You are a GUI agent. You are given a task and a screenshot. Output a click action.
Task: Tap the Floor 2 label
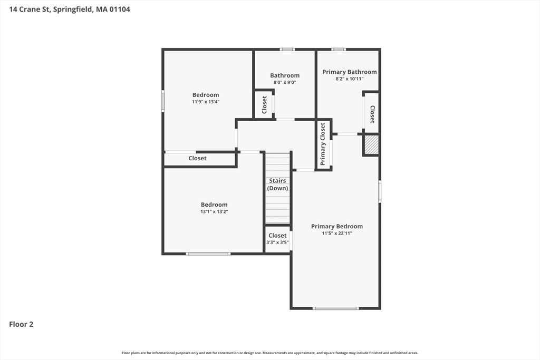[x=21, y=324]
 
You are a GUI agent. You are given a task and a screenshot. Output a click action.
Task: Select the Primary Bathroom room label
[x=349, y=72]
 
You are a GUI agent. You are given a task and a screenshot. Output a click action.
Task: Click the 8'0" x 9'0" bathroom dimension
[x=285, y=82]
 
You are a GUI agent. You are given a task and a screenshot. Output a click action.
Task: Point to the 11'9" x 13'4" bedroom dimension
[x=206, y=102]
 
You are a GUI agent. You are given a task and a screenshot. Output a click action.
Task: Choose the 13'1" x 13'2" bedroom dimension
[x=214, y=211]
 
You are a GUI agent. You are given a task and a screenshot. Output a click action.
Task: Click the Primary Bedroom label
[x=336, y=226]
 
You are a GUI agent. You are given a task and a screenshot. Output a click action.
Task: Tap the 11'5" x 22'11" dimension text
[x=336, y=233]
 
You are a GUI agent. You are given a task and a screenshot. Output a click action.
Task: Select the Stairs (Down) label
[x=277, y=184]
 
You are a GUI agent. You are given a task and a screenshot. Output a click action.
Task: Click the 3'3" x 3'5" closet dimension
[x=277, y=242]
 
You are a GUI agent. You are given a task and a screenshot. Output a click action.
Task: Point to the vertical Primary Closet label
[x=323, y=144]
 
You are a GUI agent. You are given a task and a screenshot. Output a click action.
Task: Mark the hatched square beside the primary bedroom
[x=371, y=145]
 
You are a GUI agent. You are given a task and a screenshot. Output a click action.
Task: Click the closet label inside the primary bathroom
[x=372, y=114]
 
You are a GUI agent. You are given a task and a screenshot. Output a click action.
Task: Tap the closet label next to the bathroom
[x=264, y=105]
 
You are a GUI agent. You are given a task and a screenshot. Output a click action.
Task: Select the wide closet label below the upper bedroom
[x=198, y=158]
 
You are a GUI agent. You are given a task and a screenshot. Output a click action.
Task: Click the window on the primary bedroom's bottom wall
[x=335, y=308]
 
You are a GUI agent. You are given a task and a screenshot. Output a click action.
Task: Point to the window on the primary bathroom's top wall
[x=339, y=50]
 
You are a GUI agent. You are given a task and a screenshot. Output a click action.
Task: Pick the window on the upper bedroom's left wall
[x=163, y=101]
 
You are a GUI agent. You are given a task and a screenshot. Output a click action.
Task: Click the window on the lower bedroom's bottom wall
[x=208, y=254]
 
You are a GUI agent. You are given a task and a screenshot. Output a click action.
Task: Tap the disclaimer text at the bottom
[x=270, y=353]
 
